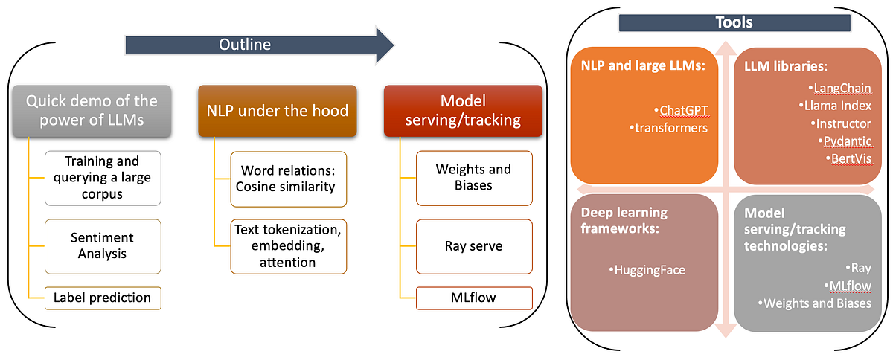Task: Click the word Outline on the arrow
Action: coord(244,45)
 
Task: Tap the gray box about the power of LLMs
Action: coord(92,111)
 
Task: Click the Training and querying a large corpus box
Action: coord(103,178)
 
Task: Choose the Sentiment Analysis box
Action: coord(103,245)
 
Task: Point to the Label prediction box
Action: coord(103,298)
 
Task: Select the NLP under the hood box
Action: coord(277,111)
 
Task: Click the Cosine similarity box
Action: coord(285,178)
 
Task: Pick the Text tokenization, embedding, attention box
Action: coord(285,245)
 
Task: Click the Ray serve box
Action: coord(474,245)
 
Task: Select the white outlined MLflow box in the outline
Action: coord(474,298)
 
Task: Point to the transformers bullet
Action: coord(670,128)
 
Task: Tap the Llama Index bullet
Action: coord(836,106)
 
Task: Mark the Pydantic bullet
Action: coord(847,141)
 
